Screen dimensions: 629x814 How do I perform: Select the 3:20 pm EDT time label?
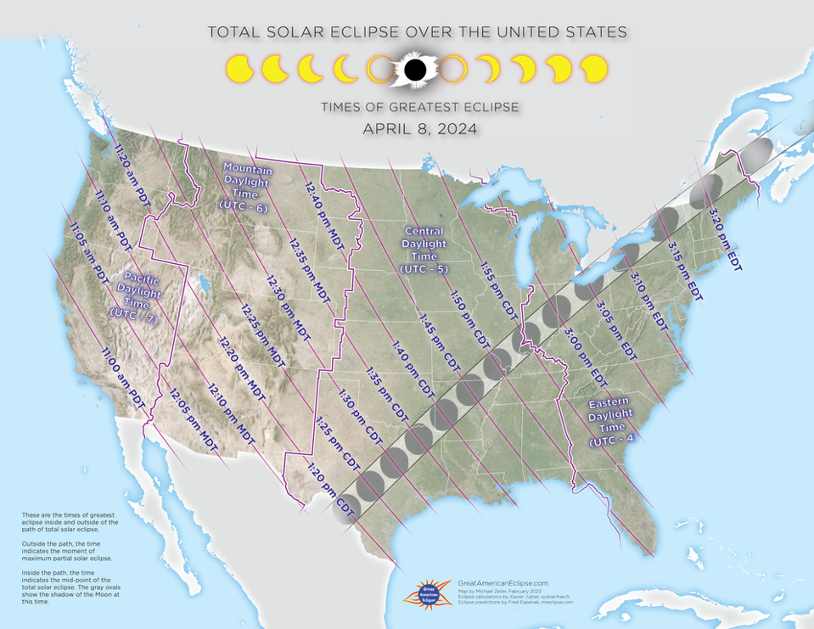(x=724, y=238)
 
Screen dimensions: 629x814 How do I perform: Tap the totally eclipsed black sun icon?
(x=414, y=70)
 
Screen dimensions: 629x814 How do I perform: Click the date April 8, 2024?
(x=419, y=129)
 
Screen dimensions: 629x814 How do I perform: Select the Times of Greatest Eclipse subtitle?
(x=419, y=108)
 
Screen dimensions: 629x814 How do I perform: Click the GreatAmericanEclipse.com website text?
(x=502, y=583)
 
